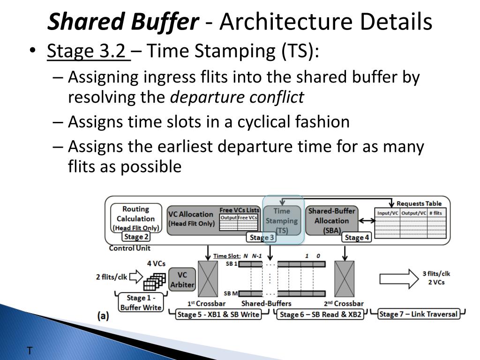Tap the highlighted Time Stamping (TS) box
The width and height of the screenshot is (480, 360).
(282, 220)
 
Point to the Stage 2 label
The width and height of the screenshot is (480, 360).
(136, 237)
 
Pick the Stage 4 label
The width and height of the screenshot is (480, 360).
(357, 237)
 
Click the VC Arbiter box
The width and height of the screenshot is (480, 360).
(182, 279)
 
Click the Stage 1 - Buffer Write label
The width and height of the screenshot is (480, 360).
(140, 302)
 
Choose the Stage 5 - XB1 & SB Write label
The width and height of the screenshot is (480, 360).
(218, 315)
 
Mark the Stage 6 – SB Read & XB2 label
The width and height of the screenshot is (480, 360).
(321, 315)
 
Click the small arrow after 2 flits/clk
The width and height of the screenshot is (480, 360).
(135, 277)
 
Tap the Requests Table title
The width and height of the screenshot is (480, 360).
(419, 203)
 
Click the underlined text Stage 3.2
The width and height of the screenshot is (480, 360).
(88, 52)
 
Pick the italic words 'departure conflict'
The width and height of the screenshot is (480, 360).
(237, 97)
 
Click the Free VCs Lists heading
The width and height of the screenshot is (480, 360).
(239, 210)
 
